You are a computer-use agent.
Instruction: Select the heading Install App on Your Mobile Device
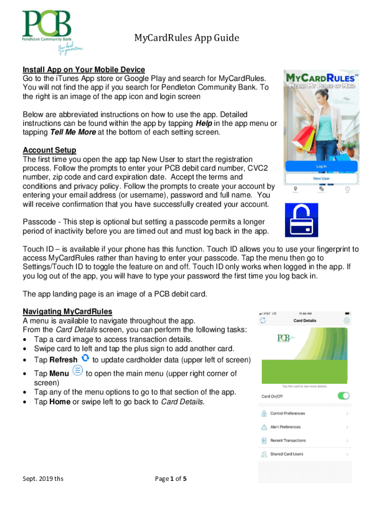(x=84, y=69)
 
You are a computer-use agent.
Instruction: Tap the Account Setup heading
(x=50, y=150)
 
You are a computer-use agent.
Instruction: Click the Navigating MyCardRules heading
(x=67, y=311)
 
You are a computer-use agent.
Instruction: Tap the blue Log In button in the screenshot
(x=321, y=166)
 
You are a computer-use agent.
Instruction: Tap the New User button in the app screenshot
(x=321, y=179)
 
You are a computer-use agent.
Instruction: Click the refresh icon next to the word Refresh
(x=85, y=358)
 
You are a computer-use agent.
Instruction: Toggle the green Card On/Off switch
(x=344, y=396)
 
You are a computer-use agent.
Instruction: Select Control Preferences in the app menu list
(x=287, y=413)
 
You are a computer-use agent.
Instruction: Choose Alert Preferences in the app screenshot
(x=285, y=427)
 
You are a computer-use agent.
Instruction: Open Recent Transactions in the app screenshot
(x=287, y=441)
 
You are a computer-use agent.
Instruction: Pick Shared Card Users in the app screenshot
(x=286, y=454)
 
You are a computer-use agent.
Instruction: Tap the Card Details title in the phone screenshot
(x=305, y=320)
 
